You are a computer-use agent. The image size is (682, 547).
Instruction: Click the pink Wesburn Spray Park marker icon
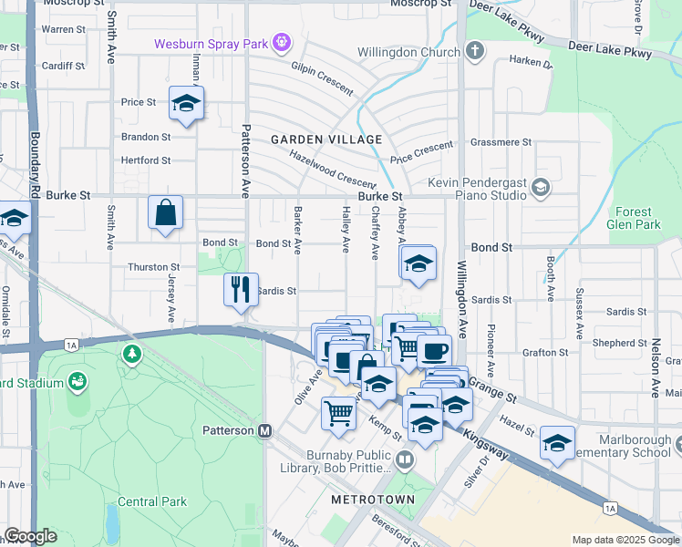click(283, 42)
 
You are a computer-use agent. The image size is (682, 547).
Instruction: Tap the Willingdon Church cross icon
click(474, 52)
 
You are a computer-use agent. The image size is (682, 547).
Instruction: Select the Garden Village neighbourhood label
click(326, 139)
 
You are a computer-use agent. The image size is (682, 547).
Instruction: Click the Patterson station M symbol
click(265, 430)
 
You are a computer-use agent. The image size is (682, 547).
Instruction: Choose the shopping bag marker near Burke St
click(166, 212)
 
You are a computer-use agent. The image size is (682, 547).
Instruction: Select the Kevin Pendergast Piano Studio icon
click(541, 188)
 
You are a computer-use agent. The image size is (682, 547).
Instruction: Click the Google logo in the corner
click(29, 536)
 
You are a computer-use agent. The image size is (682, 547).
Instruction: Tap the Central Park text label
click(151, 501)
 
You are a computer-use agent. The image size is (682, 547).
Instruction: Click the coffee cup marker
click(433, 351)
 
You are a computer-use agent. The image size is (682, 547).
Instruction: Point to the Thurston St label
click(153, 267)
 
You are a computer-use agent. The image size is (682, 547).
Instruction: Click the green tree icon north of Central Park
click(133, 352)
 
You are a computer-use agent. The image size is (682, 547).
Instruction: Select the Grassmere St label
click(501, 142)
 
